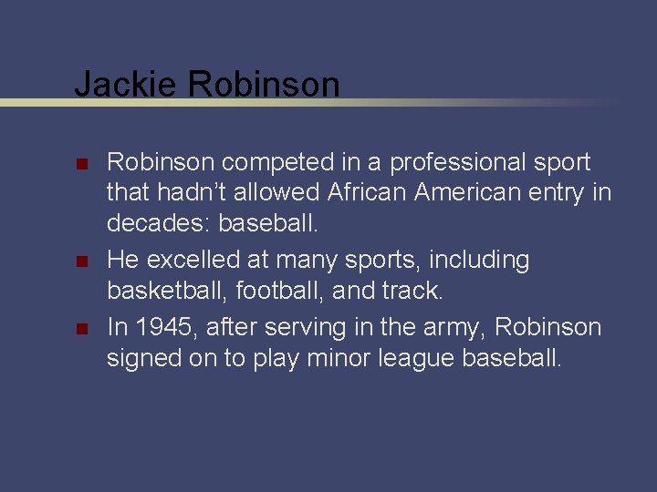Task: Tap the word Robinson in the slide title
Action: [x=264, y=85]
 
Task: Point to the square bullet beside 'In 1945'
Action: [x=80, y=328]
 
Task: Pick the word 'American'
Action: [x=474, y=193]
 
